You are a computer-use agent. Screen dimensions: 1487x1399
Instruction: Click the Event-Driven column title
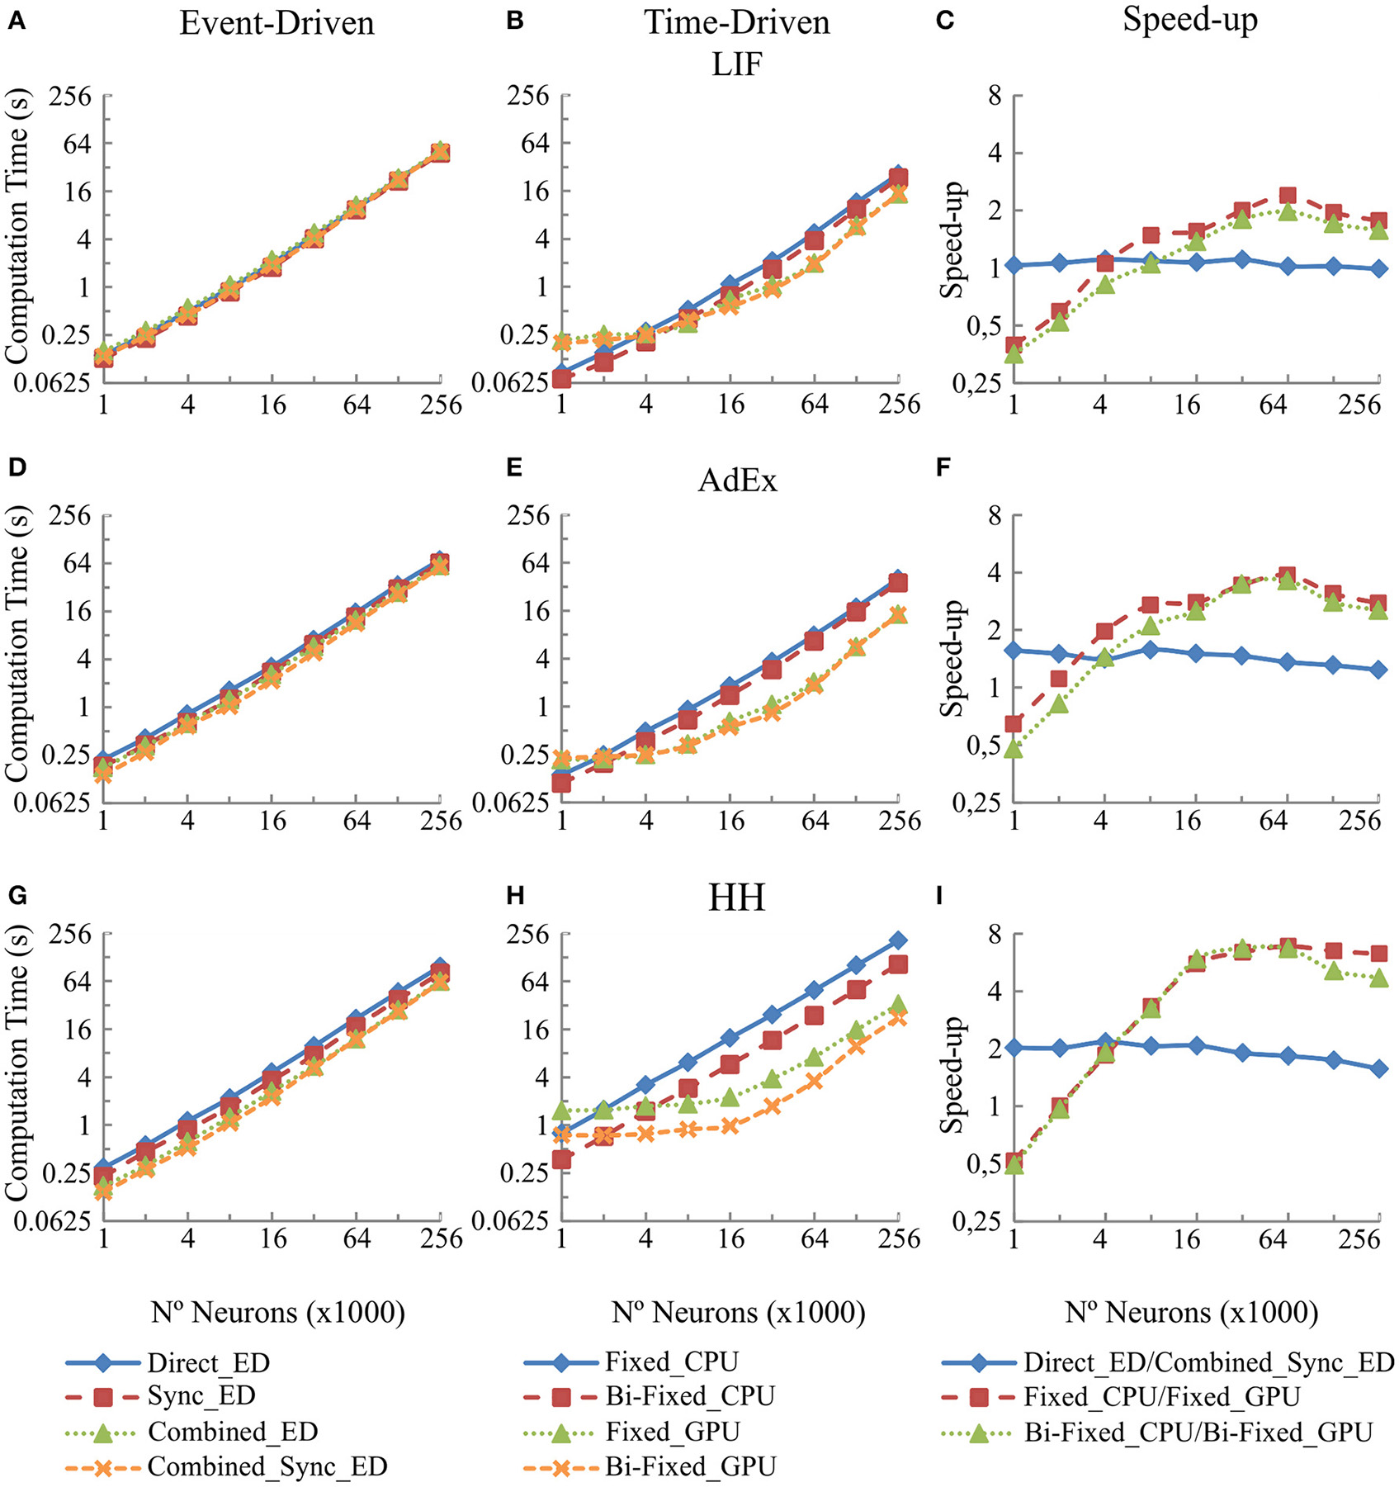(276, 23)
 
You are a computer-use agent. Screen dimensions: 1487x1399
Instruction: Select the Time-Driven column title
(736, 23)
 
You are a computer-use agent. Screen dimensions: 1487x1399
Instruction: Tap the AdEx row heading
(736, 480)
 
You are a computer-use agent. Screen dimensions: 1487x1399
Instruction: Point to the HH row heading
(736, 897)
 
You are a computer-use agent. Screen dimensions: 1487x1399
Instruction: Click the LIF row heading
(736, 64)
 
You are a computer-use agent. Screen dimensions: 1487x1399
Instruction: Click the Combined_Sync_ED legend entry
(267, 1466)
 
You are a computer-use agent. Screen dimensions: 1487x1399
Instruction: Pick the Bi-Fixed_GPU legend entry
(690, 1466)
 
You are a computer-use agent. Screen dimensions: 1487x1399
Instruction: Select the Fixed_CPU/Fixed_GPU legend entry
(1161, 1396)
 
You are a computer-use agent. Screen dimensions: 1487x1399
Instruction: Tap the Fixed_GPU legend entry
(672, 1431)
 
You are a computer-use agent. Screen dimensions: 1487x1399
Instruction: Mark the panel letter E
(514, 468)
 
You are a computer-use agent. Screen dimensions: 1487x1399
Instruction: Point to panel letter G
(17, 896)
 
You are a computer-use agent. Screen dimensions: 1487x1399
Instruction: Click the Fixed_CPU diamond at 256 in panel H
(898, 940)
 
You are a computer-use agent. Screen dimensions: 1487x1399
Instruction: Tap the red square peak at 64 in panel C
(1287, 196)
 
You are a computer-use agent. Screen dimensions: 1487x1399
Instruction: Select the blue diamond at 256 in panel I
(1378, 1068)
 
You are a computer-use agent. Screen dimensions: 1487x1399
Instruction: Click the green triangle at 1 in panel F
(1014, 749)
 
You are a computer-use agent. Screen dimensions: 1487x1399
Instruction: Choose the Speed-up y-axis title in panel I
(953, 1075)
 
